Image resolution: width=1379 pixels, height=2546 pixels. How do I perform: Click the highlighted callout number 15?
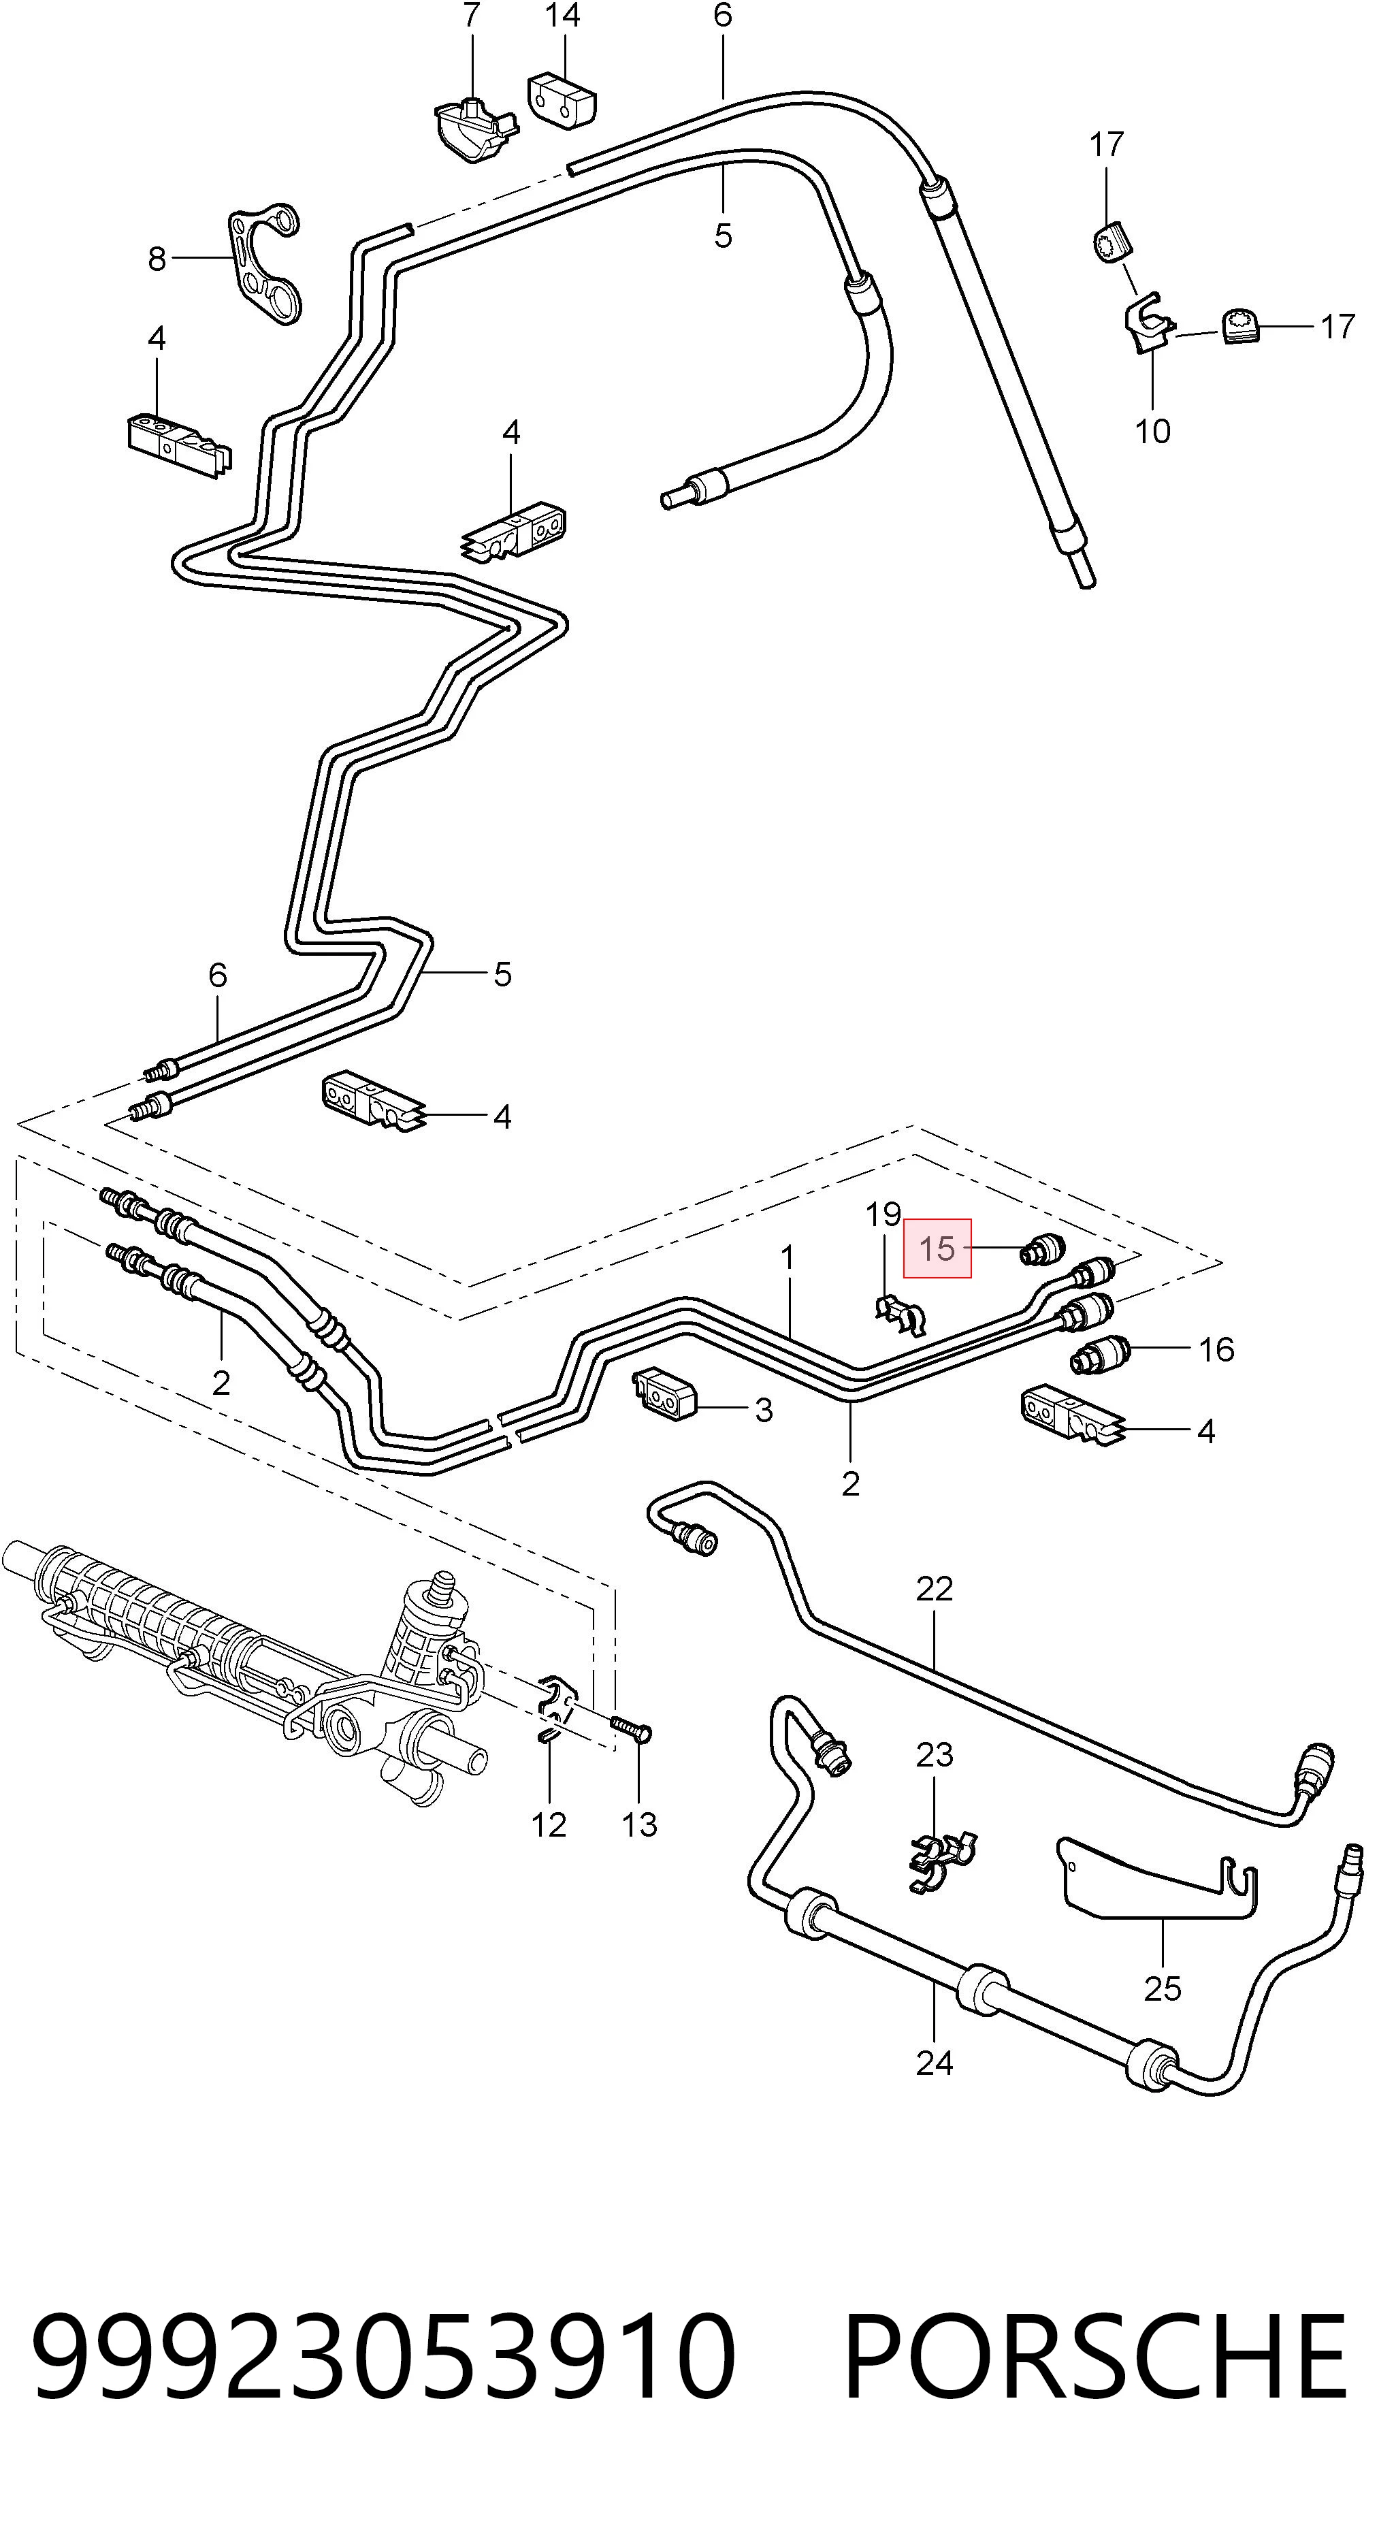pyautogui.click(x=937, y=1248)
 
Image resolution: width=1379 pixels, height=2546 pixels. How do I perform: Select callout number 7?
pyautogui.click(x=472, y=16)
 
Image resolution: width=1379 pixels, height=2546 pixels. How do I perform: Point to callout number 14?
pyautogui.click(x=562, y=16)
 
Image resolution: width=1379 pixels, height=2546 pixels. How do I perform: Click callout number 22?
pyautogui.click(x=934, y=1590)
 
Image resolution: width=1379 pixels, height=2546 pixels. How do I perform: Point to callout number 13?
pyautogui.click(x=640, y=1824)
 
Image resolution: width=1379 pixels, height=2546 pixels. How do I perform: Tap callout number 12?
pyautogui.click(x=549, y=1824)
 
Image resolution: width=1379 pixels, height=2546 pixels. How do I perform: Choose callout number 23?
pyautogui.click(x=934, y=1756)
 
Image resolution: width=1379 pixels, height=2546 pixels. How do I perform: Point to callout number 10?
pyautogui.click(x=1152, y=432)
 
